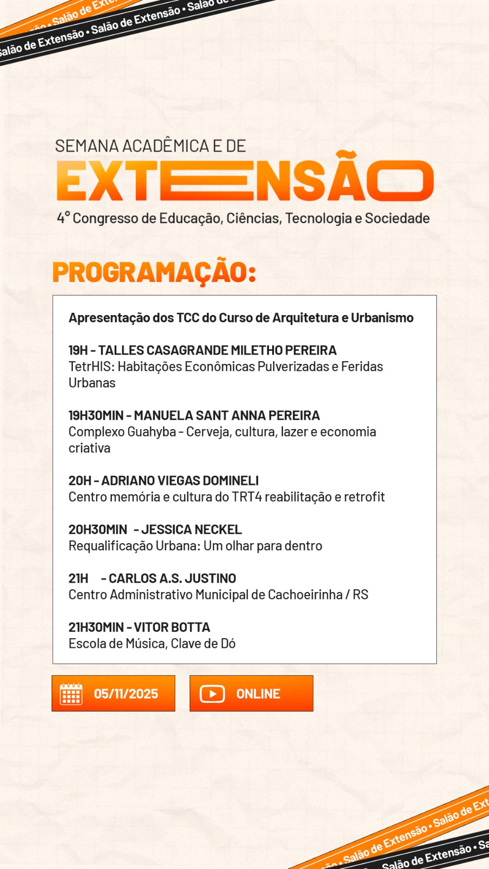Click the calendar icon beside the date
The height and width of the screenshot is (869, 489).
point(71,694)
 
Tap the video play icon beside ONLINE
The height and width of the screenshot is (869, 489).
point(212,694)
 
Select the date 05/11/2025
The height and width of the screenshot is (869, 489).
point(126,694)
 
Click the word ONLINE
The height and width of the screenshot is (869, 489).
point(258,694)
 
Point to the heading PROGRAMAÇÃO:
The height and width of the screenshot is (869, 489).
point(154,272)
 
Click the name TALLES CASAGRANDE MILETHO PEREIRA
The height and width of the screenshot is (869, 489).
point(217,350)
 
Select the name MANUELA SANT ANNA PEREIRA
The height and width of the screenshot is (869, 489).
point(227,415)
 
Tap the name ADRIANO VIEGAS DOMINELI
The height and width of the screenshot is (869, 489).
point(180,481)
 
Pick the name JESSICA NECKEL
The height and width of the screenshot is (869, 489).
point(191,530)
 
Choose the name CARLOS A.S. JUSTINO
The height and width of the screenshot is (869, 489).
point(172,578)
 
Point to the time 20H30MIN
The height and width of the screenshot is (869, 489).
point(98,530)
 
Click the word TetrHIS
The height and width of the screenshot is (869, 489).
point(90,367)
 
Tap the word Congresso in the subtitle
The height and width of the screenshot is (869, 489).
point(105,218)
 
